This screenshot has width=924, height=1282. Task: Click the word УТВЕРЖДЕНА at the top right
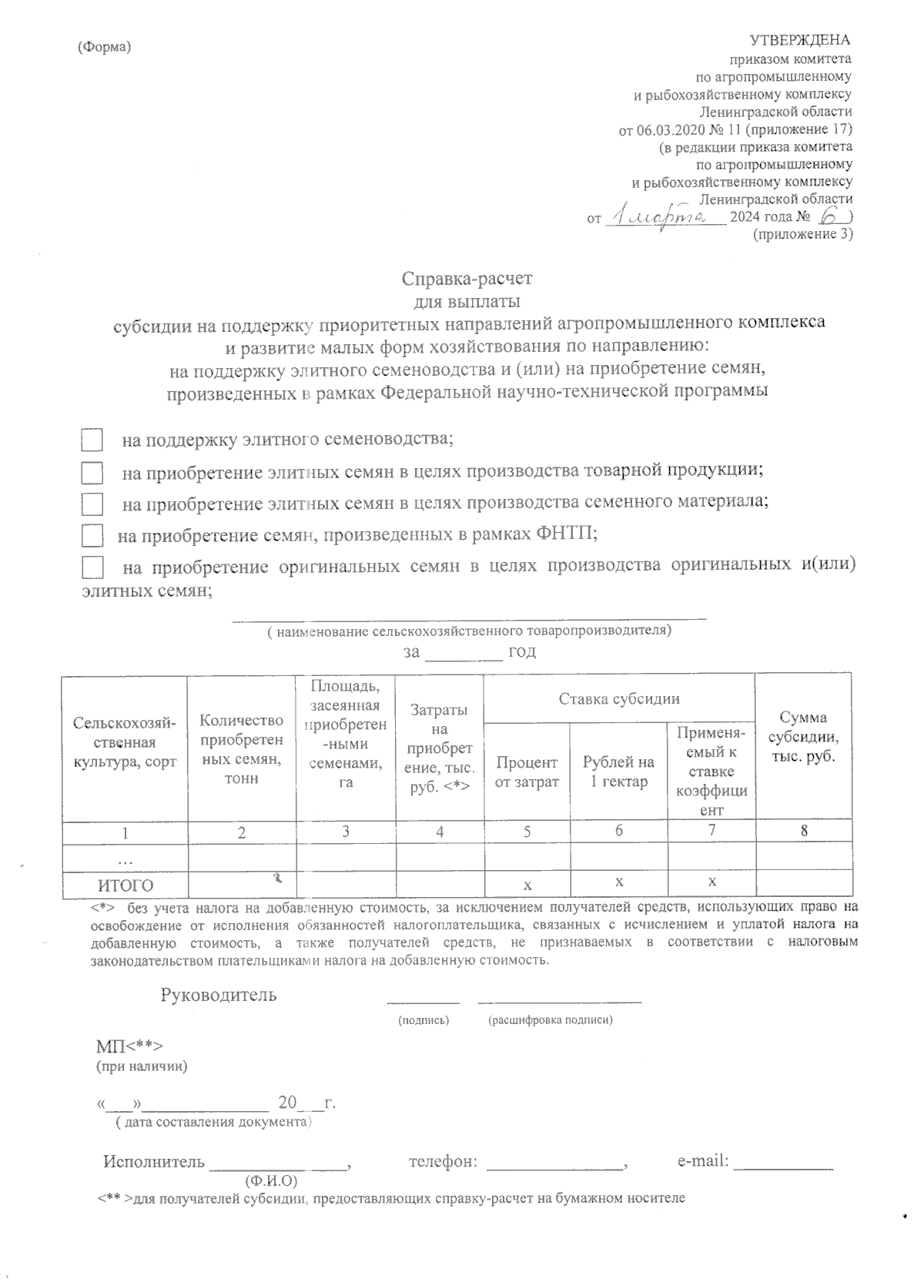pos(800,40)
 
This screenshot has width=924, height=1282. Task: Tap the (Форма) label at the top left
pos(105,47)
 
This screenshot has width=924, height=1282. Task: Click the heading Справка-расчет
pos(467,276)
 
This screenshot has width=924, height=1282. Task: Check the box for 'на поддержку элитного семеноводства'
pos(92,440)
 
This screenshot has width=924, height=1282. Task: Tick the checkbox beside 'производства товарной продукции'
pos(92,472)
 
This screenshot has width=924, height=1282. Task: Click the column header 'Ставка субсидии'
pos(619,699)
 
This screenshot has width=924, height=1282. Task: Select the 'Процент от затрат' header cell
pos(527,772)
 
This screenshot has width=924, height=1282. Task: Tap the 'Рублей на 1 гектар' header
pos(618,772)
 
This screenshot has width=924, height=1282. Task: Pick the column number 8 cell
pos(804,830)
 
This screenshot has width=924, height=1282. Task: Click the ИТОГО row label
pos(125,885)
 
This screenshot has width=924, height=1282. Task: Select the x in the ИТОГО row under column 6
pos(619,881)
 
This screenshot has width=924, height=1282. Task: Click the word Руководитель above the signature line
pos(219,995)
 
